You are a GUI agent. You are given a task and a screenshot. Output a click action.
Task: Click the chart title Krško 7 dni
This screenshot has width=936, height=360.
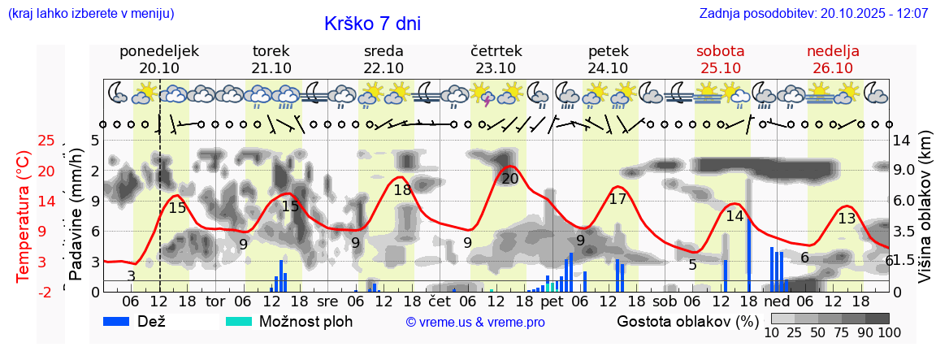372,24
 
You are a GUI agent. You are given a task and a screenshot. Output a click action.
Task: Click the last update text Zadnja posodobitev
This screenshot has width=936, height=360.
813,14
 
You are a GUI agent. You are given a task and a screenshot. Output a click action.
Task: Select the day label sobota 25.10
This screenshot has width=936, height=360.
720,59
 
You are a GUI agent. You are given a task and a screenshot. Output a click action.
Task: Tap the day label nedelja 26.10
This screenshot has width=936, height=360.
833,59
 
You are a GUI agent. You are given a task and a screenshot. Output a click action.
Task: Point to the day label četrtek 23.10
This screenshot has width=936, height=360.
496,59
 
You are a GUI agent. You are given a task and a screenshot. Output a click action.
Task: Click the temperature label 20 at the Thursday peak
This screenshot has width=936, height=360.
509,179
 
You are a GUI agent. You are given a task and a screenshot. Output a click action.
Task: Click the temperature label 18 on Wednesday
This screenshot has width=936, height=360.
402,190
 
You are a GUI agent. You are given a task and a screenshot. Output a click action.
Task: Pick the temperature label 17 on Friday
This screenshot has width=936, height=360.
617,198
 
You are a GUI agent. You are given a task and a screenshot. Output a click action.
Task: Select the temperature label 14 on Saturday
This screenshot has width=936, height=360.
734,216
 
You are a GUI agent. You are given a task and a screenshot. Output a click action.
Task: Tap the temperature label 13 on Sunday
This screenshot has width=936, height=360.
847,218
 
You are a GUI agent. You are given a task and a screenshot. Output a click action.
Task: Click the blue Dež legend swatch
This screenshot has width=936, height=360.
121,321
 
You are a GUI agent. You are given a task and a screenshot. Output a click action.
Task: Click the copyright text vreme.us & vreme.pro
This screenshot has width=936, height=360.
475,322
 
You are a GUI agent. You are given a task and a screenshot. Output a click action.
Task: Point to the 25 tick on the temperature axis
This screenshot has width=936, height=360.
46,141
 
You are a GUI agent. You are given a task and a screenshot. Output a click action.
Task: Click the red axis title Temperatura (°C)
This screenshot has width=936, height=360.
24,215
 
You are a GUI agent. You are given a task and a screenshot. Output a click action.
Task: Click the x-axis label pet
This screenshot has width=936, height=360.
551,301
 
